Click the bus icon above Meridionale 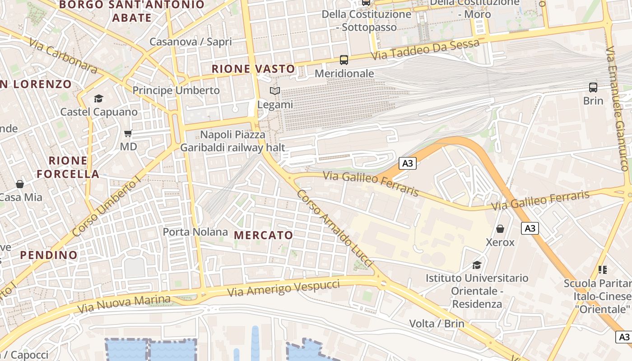[x=344, y=60]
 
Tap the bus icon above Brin [x=593, y=88]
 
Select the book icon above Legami [x=275, y=91]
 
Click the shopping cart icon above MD [x=128, y=133]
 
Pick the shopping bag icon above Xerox [x=500, y=229]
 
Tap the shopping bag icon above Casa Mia [x=20, y=184]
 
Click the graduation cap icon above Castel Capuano [x=98, y=98]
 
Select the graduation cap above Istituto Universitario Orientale [x=477, y=264]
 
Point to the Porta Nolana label [x=195, y=232]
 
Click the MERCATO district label [x=264, y=235]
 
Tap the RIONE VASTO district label [x=253, y=69]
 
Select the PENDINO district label [x=49, y=255]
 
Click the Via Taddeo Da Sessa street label [x=425, y=50]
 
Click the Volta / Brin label [x=437, y=324]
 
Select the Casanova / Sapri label [x=191, y=42]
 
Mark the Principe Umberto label [x=176, y=90]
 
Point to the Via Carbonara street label [x=63, y=56]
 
